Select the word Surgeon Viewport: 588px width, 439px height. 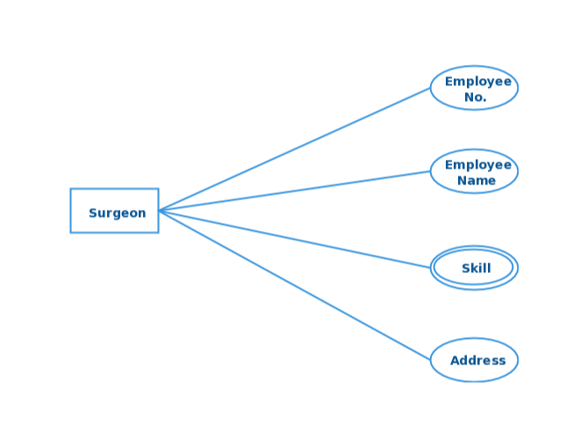tap(117, 213)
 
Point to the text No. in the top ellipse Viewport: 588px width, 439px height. tap(475, 97)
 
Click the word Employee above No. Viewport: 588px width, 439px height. tap(477, 82)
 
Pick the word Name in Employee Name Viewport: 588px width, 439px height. tap(476, 181)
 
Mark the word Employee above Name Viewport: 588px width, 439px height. tap(477, 165)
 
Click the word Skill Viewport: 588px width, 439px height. tap(476, 268)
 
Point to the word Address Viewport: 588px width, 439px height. tap(477, 360)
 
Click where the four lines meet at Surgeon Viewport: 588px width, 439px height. tap(161, 211)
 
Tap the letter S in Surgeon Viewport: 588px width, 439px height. tap(93, 213)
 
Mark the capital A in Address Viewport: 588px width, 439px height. tap(455, 360)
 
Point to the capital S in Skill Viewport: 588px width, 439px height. tap(465, 268)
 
